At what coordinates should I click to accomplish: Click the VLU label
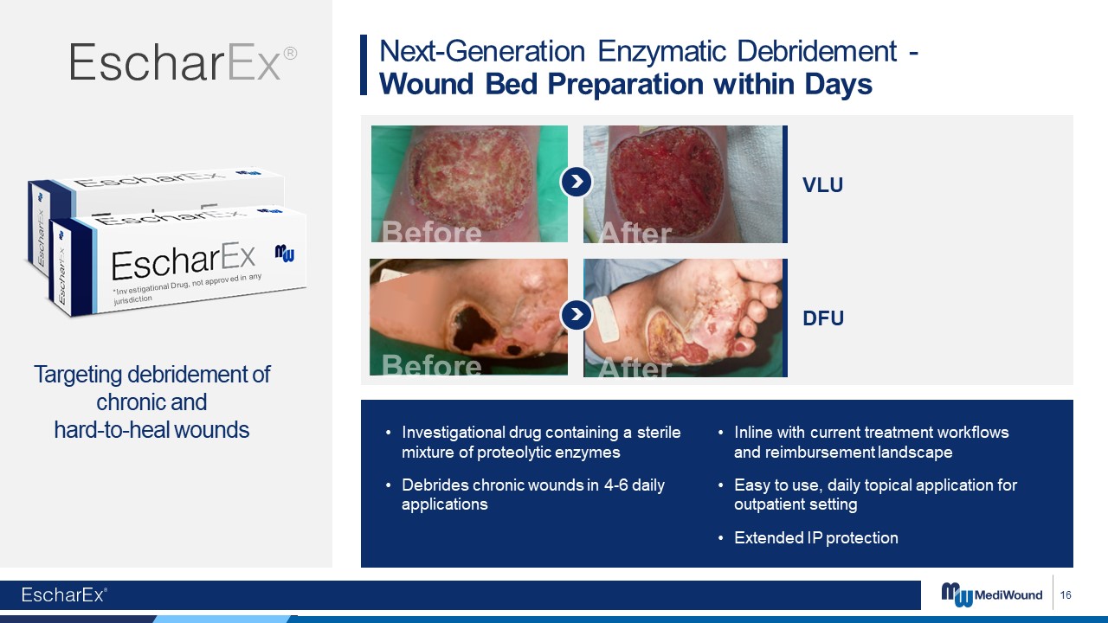pyautogui.click(x=822, y=185)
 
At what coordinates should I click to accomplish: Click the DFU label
pyautogui.click(x=823, y=318)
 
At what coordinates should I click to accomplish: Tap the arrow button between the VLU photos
pyautogui.click(x=577, y=182)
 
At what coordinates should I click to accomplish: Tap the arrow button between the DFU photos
pyautogui.click(x=577, y=314)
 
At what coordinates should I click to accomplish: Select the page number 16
pyautogui.click(x=1066, y=594)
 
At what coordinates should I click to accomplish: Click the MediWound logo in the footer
pyautogui.click(x=991, y=594)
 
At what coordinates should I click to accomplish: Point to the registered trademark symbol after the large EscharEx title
pyautogui.click(x=290, y=53)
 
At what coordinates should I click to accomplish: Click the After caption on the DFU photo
pyautogui.click(x=635, y=367)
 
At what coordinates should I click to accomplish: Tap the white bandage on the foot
pyautogui.click(x=605, y=319)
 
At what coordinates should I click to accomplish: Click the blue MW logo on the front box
pyautogui.click(x=285, y=253)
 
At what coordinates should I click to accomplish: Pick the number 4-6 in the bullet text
pyautogui.click(x=615, y=485)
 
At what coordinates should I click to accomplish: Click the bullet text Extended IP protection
pyautogui.click(x=816, y=537)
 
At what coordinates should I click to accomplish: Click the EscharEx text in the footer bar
pyautogui.click(x=64, y=594)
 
